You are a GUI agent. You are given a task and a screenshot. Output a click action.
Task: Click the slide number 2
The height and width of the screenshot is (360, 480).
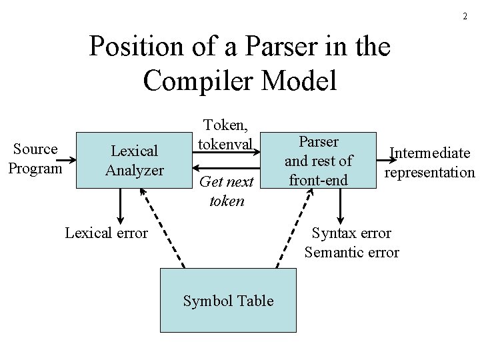pos(465,16)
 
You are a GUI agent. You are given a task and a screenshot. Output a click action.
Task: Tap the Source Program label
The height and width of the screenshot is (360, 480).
pos(35,159)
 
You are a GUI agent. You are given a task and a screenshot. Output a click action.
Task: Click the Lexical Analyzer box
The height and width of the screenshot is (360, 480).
pos(133,161)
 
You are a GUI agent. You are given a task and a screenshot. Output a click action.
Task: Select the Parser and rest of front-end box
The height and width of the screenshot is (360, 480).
pos(318,161)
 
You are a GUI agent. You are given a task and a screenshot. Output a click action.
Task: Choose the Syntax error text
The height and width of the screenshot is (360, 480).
pos(351,233)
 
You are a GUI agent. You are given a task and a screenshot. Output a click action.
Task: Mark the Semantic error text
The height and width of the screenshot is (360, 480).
pos(351,252)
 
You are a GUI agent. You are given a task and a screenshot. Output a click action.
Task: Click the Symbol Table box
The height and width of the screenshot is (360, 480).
pos(228,301)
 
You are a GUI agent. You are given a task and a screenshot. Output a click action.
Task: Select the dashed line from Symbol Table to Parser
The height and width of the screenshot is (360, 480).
pos(293,227)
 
